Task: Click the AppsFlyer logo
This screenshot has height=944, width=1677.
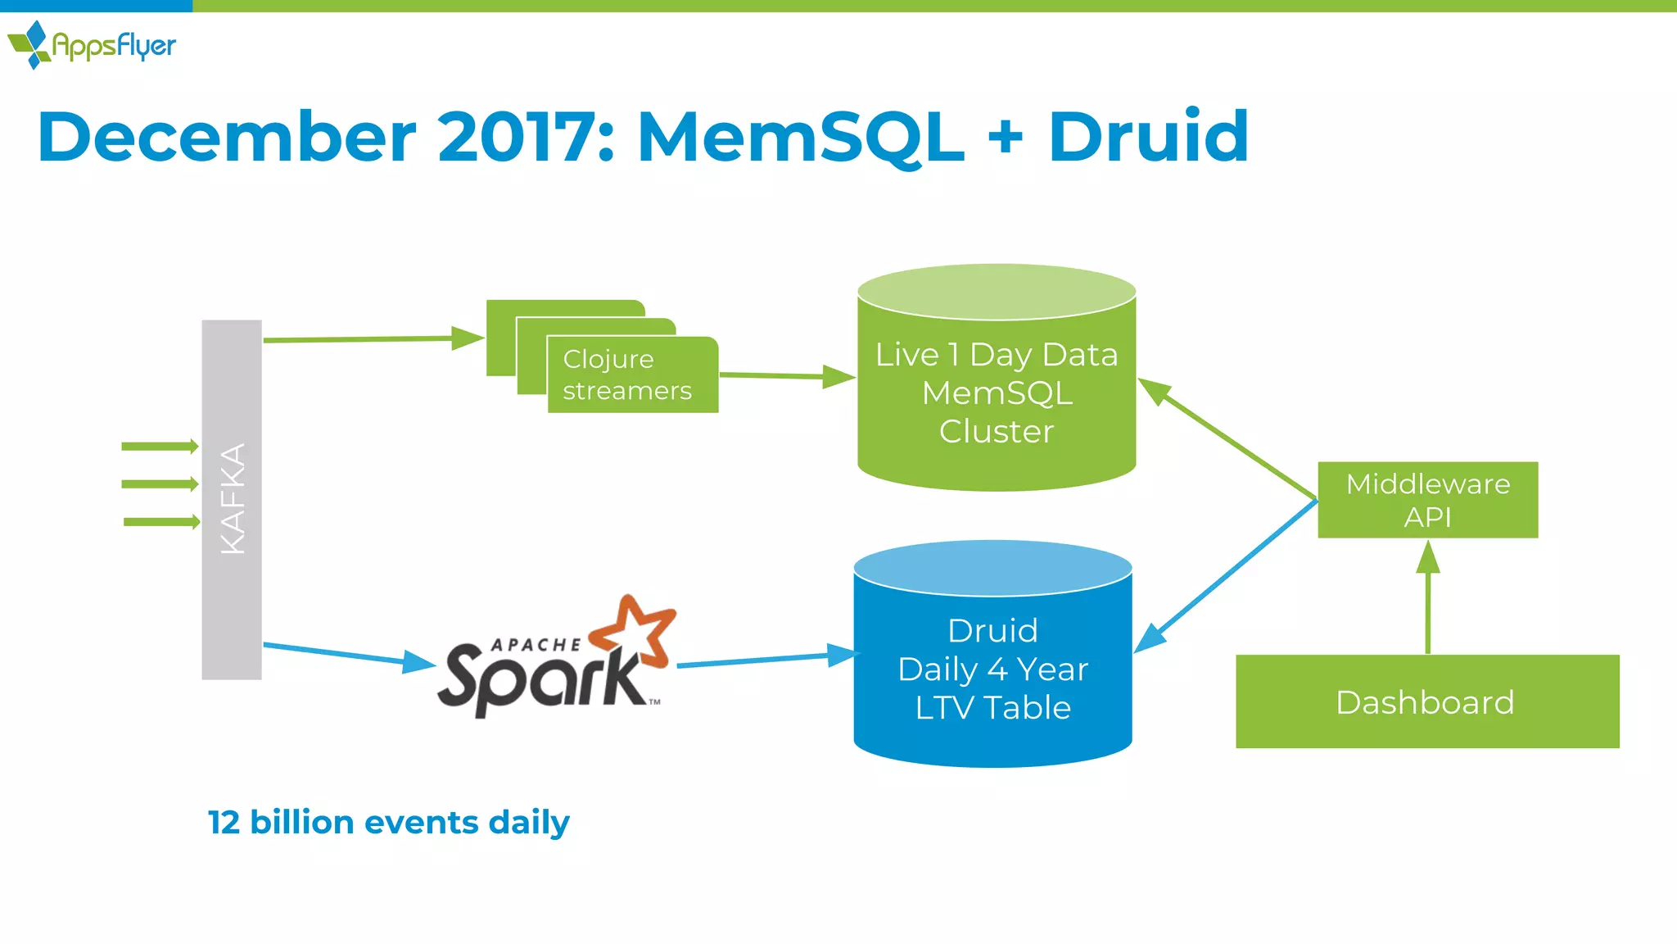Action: pyautogui.click(x=92, y=45)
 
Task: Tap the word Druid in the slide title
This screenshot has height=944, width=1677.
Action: pyautogui.click(x=1148, y=137)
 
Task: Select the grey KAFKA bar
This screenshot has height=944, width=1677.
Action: pyautogui.click(x=232, y=499)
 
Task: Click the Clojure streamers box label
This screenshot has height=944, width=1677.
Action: pyautogui.click(x=627, y=374)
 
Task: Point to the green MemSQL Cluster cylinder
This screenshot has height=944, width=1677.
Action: pyautogui.click(x=997, y=393)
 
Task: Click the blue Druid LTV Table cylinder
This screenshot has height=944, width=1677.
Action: pyautogui.click(x=992, y=669)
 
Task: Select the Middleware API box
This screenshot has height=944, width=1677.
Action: pyautogui.click(x=1427, y=500)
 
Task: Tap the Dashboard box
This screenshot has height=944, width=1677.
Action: pyautogui.click(x=1426, y=701)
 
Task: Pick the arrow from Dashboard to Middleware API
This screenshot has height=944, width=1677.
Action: pyautogui.click(x=1427, y=598)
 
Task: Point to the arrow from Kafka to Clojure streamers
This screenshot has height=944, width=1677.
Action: pyautogui.click(x=368, y=338)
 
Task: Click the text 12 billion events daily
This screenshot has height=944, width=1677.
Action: pyautogui.click(x=388, y=822)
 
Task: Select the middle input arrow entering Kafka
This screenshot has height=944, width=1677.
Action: pyautogui.click(x=160, y=484)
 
